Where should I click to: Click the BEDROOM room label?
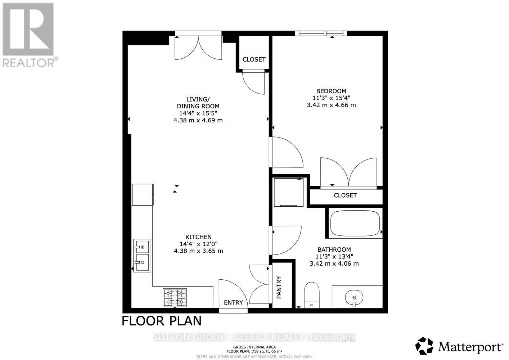pyautogui.click(x=331, y=91)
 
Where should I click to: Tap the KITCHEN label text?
pyautogui.click(x=198, y=237)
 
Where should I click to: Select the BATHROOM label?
pyautogui.click(x=334, y=249)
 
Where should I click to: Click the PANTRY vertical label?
pyautogui.click(x=279, y=287)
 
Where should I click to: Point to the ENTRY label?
pyautogui.click(x=233, y=302)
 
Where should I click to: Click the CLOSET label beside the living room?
pyautogui.click(x=254, y=59)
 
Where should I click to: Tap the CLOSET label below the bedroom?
pyautogui.click(x=345, y=195)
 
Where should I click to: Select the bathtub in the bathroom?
pyautogui.click(x=355, y=222)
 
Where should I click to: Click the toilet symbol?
pyautogui.click(x=312, y=294)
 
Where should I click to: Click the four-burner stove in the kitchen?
pyautogui.click(x=175, y=297)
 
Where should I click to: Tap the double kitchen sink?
pyautogui.click(x=142, y=255)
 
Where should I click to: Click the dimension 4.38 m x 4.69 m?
pyautogui.click(x=198, y=120)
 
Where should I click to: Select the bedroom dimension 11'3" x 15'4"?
pyautogui.click(x=331, y=98)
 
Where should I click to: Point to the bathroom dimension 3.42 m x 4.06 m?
pyautogui.click(x=334, y=264)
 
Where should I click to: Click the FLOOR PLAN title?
pyautogui.click(x=162, y=320)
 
